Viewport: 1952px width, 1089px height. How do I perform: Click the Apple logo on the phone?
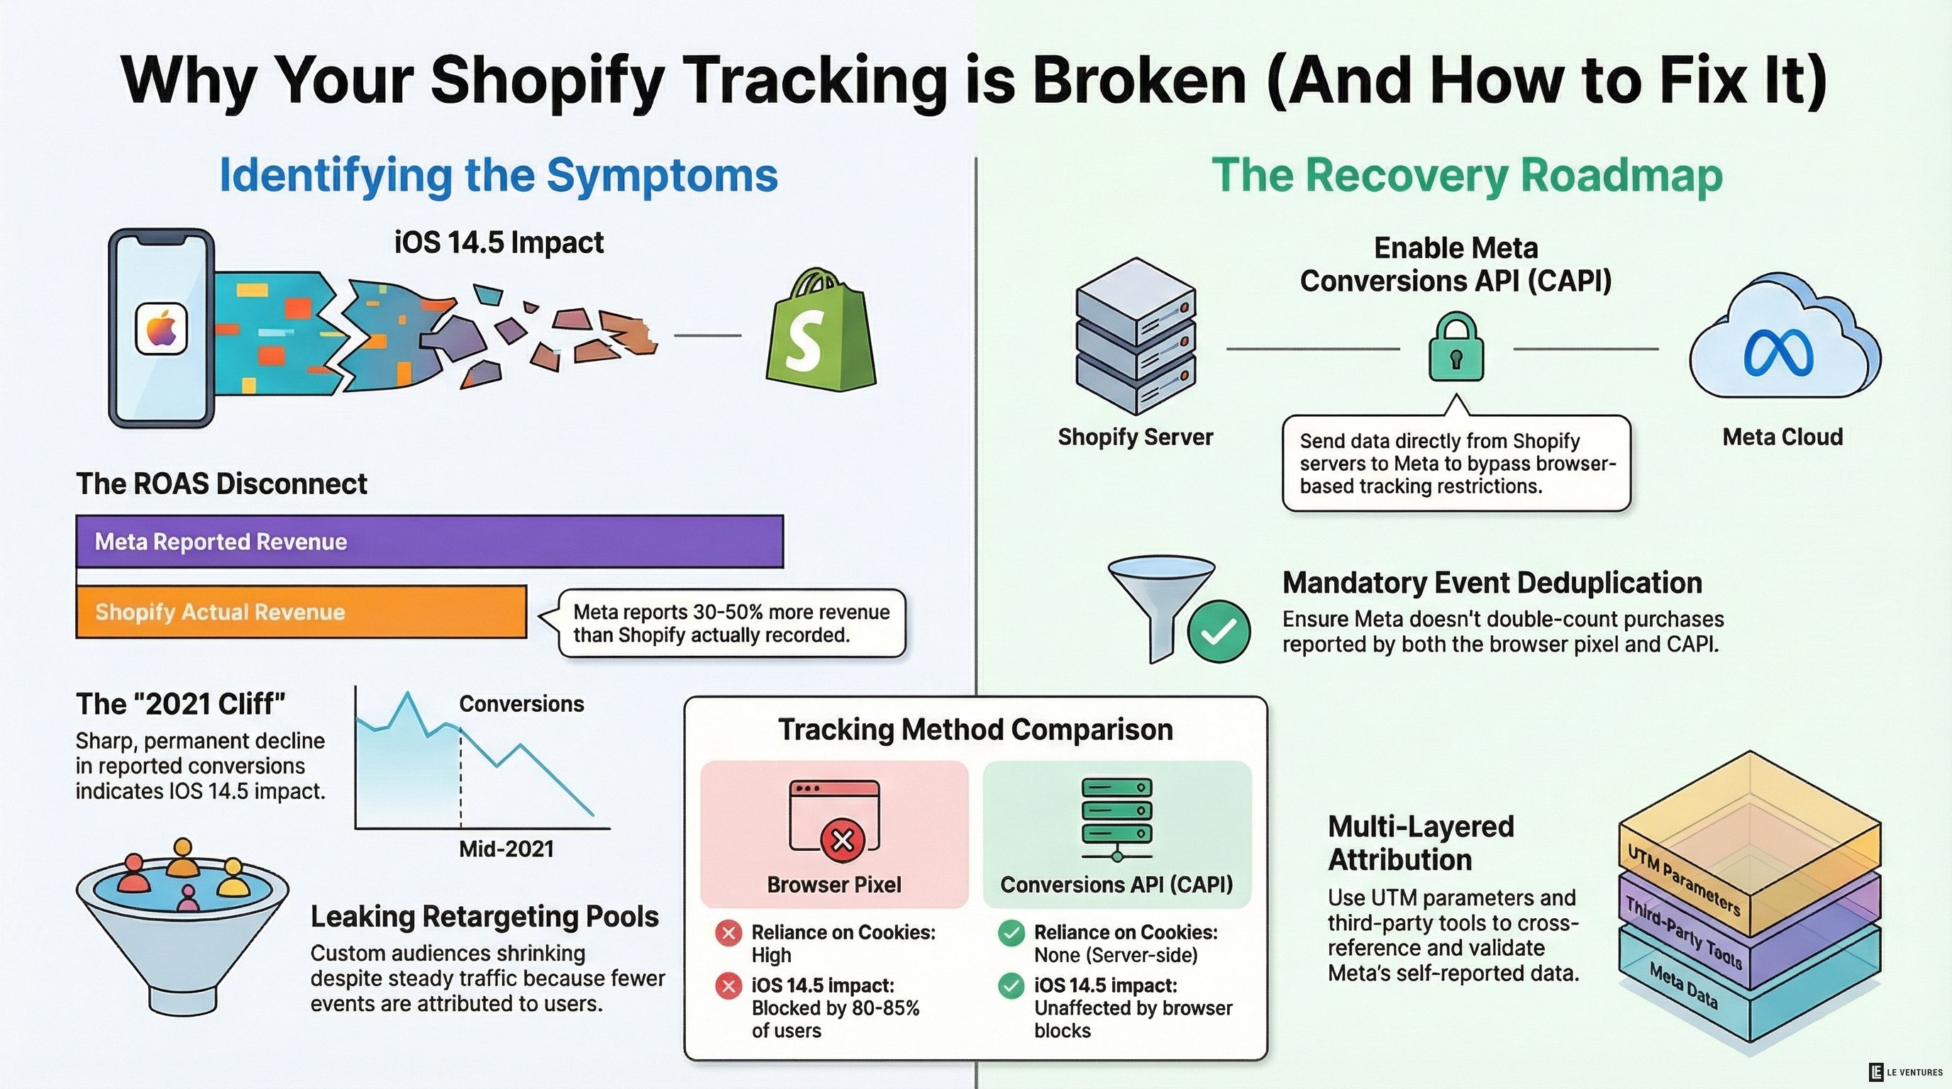[x=162, y=329]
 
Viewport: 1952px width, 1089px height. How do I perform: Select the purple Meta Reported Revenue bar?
[x=429, y=541]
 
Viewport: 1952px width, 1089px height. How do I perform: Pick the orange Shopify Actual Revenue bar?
[x=301, y=611]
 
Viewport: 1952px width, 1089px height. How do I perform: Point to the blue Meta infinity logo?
[x=1778, y=353]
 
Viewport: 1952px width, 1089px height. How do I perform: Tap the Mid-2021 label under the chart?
[x=506, y=849]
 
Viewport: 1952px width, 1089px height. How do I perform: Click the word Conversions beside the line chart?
[x=521, y=703]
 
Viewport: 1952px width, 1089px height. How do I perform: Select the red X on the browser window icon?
[x=843, y=840]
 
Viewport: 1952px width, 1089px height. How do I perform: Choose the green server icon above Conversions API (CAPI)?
[x=1117, y=818]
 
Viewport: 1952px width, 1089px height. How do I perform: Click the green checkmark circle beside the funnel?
[x=1219, y=632]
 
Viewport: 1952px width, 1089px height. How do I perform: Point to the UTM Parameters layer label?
[x=1684, y=881]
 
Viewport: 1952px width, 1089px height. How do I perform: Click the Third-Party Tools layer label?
[x=1683, y=934]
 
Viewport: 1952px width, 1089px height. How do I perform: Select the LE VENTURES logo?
[x=1905, y=1071]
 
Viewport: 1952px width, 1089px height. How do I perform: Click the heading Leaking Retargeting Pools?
[x=484, y=916]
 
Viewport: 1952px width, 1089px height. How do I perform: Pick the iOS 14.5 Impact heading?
[x=499, y=242]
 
